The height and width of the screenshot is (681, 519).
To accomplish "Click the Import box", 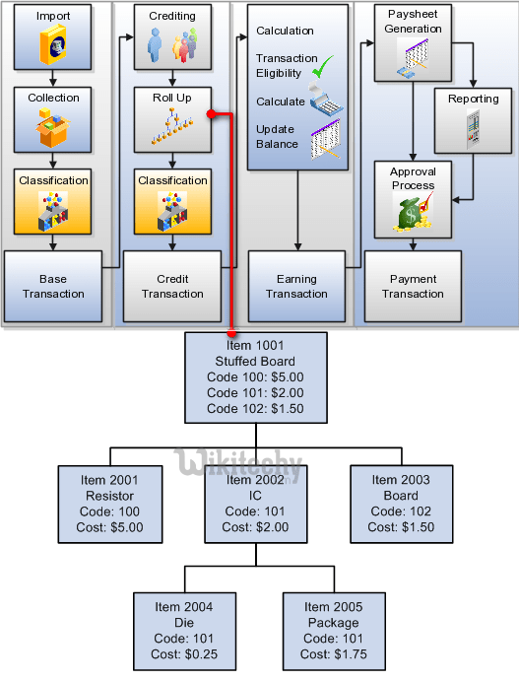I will point(53,38).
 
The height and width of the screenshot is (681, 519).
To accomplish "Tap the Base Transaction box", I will point(53,286).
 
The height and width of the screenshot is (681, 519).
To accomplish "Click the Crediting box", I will point(172,38).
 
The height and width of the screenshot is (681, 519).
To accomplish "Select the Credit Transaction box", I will point(172,286).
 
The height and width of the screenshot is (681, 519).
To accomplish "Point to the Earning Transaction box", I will point(296,286).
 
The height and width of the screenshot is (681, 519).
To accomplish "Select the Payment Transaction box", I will point(413,286).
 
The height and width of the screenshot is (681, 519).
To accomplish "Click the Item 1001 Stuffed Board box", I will point(255,377).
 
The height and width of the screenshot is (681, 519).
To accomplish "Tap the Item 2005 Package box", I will point(332,631).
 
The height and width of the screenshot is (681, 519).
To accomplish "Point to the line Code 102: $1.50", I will point(255,408).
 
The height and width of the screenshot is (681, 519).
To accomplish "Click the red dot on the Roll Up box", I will point(211,114).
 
